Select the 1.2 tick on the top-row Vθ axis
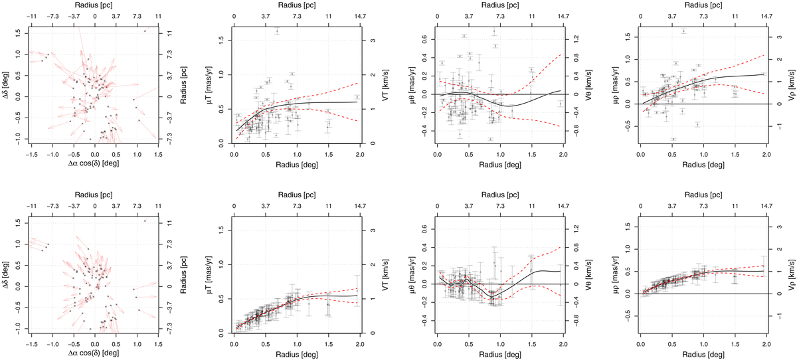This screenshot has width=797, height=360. click(x=570, y=37)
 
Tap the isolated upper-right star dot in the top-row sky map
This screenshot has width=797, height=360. click(x=145, y=31)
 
